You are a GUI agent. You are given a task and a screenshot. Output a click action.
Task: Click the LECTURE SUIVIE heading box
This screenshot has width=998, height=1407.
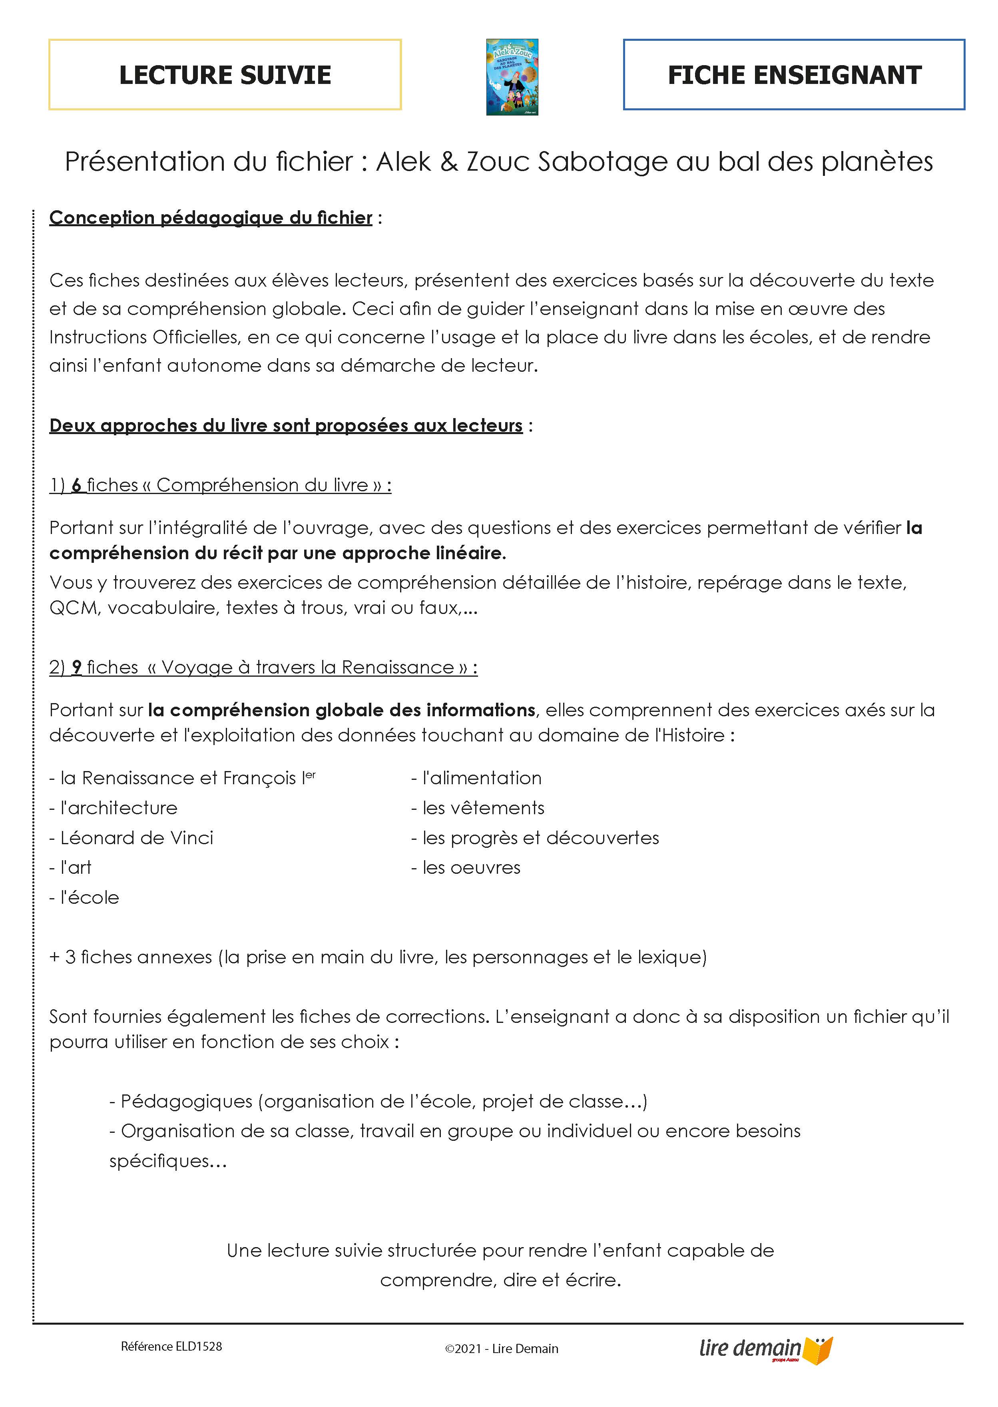click(225, 74)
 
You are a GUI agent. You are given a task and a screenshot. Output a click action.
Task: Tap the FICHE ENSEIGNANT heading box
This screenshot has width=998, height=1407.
click(794, 74)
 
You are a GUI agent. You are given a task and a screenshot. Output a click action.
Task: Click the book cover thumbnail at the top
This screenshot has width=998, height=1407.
click(512, 77)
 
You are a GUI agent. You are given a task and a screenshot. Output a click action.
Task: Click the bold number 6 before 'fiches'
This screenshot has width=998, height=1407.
click(77, 485)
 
